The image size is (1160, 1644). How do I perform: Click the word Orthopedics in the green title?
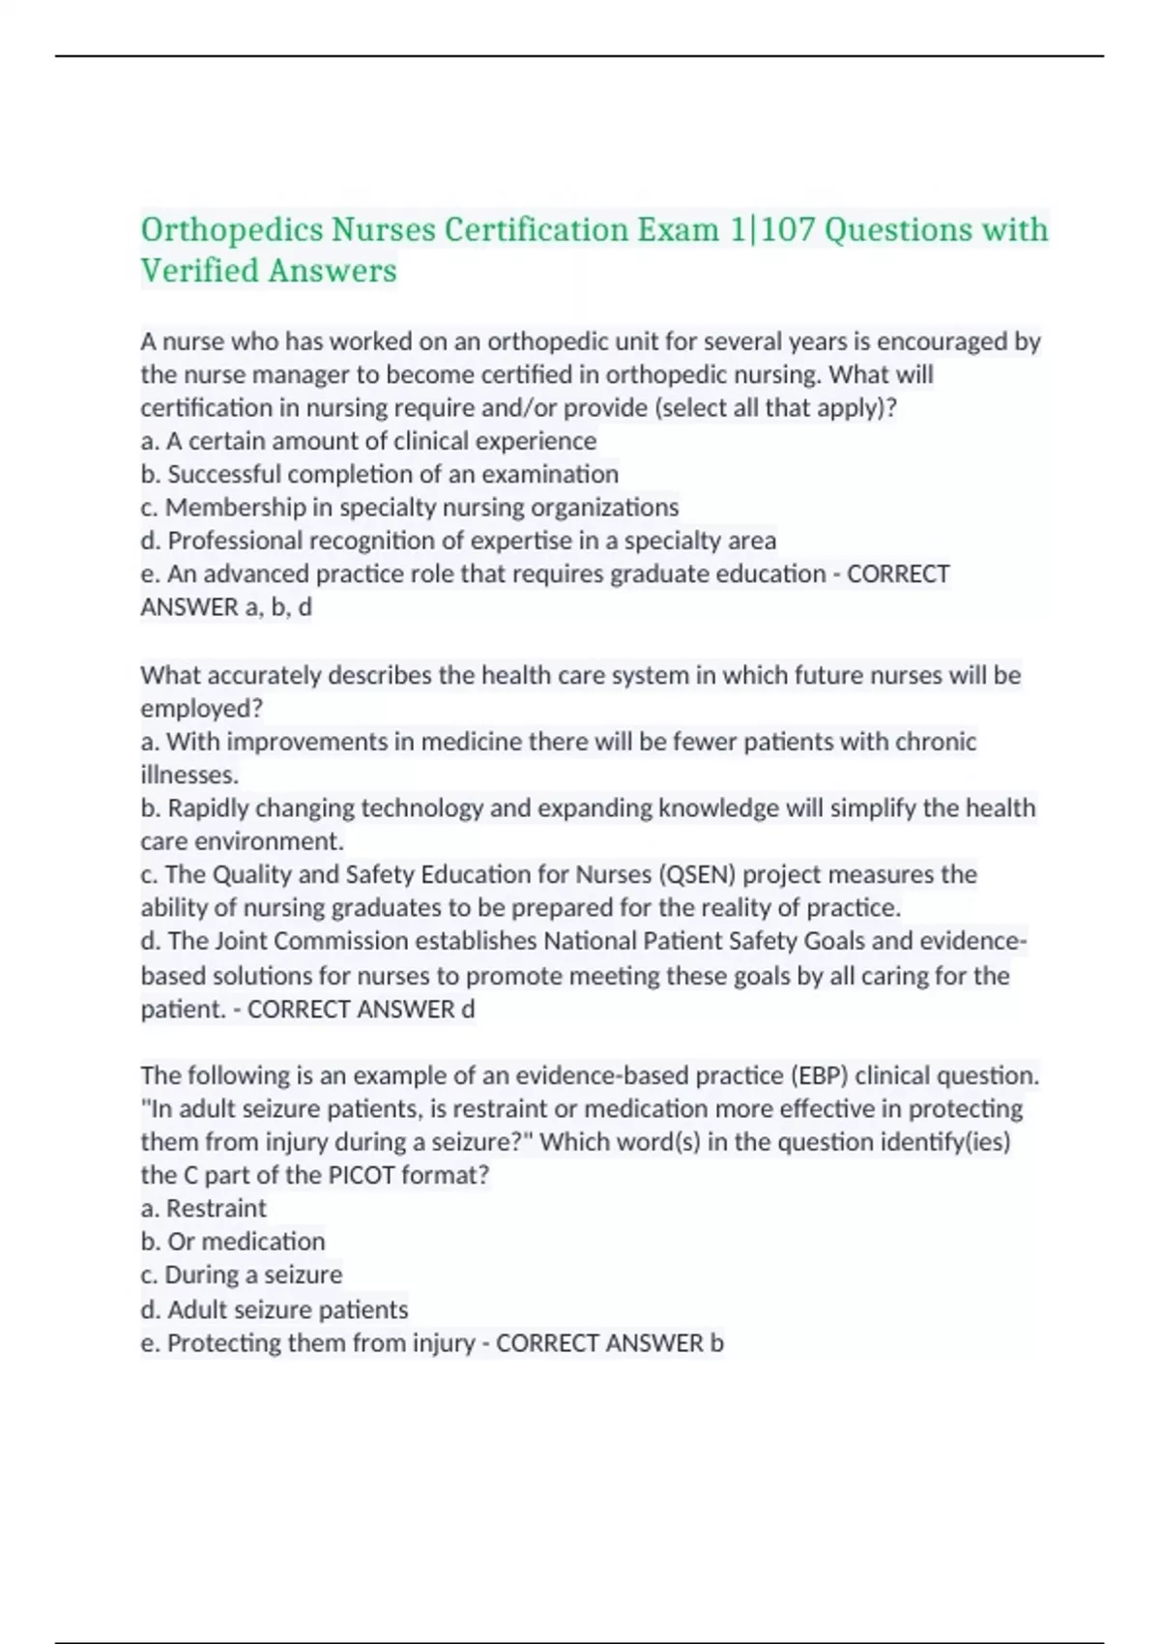(x=232, y=230)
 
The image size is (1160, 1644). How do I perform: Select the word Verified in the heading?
(x=199, y=271)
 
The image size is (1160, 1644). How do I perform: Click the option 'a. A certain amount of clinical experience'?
(x=368, y=441)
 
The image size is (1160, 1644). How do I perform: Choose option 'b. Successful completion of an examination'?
(x=379, y=474)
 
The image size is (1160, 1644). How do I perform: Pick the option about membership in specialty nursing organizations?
(x=410, y=507)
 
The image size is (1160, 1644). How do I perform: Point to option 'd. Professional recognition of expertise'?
(x=458, y=540)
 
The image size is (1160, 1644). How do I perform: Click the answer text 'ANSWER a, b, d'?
(x=226, y=607)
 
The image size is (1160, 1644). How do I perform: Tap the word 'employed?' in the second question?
(x=201, y=708)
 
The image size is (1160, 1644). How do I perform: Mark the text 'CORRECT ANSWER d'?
(x=361, y=1009)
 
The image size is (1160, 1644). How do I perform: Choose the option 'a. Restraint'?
(x=203, y=1208)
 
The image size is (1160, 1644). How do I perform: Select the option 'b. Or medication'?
(x=232, y=1241)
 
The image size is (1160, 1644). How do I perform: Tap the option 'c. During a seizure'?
(x=241, y=1275)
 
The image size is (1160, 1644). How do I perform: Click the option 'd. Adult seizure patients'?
(x=274, y=1309)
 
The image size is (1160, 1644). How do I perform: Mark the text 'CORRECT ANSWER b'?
(x=609, y=1343)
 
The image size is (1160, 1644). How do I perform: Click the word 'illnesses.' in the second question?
(x=189, y=775)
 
